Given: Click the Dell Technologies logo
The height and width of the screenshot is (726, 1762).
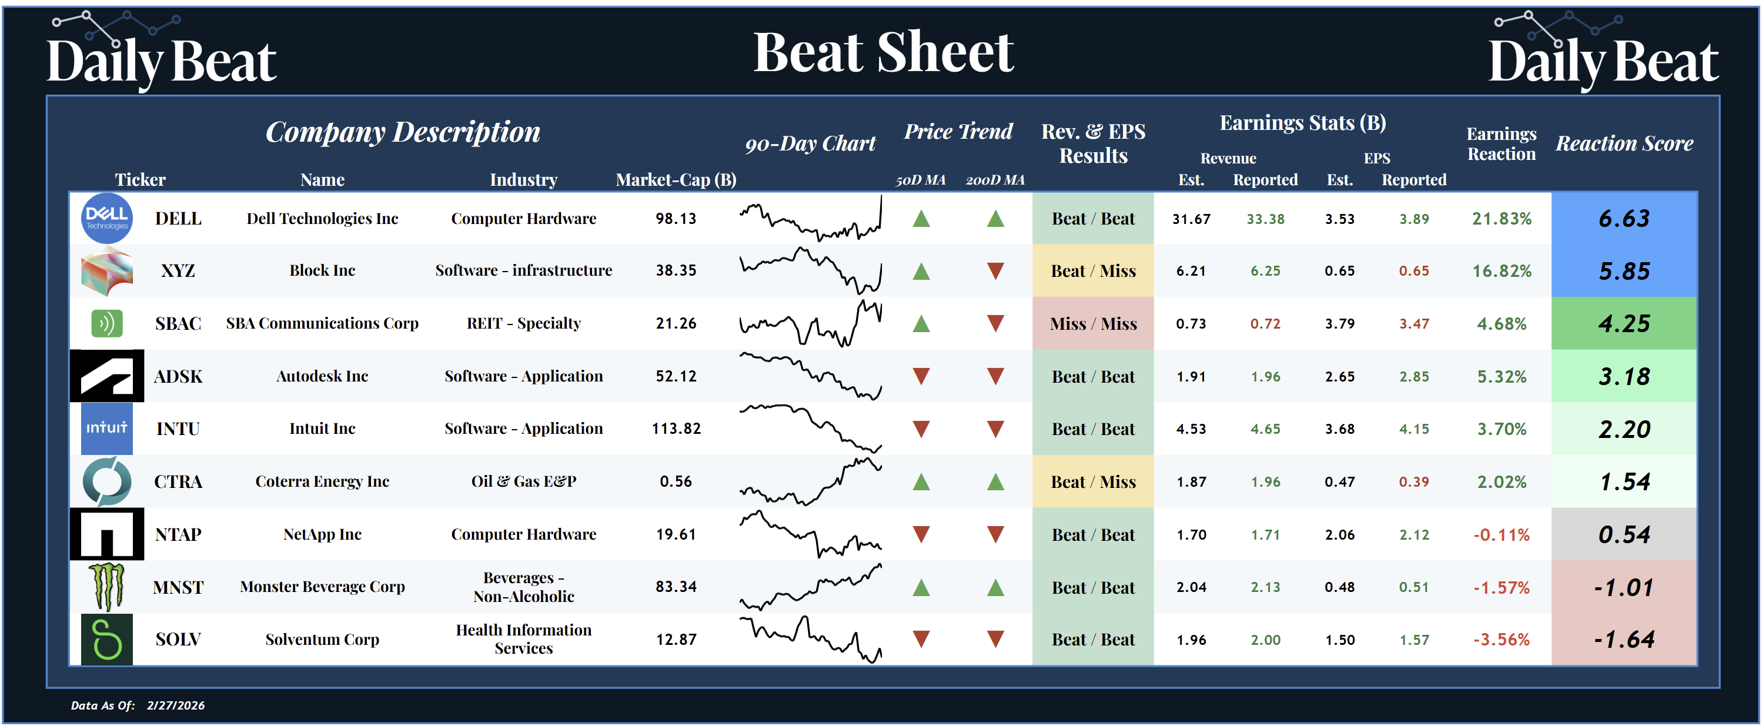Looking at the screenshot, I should tap(106, 218).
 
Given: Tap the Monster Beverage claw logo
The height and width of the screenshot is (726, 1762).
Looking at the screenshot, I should tap(106, 587).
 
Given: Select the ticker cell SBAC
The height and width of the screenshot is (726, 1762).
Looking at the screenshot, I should tap(178, 323).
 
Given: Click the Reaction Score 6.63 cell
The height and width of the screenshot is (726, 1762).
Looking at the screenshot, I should tap(1624, 219).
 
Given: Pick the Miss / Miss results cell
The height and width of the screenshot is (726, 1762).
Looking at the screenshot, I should tap(1093, 323).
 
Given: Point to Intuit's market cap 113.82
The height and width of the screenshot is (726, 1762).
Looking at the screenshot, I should tap(676, 429).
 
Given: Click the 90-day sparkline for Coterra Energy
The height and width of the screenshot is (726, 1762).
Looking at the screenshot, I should tap(811, 481).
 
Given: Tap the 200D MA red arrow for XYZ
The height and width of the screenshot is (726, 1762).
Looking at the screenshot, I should tap(995, 271).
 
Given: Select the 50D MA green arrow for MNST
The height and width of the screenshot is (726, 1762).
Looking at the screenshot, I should tap(921, 587).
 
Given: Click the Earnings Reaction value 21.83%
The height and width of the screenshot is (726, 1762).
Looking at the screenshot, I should tap(1502, 219).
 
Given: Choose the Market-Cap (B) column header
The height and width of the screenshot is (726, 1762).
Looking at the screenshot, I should tap(676, 180).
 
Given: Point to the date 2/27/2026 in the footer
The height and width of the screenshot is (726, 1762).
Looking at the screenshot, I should tap(176, 705).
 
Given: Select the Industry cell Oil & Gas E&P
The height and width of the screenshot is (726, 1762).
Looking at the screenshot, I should tap(523, 481).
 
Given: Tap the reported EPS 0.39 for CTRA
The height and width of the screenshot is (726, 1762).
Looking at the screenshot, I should tap(1413, 482).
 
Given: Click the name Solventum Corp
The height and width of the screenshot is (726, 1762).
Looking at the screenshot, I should tap(322, 639).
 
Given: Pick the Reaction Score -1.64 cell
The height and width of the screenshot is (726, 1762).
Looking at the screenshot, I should tap(1624, 639).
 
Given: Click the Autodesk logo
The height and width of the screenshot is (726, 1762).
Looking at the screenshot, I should tap(106, 376).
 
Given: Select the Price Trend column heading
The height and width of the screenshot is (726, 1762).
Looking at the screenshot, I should tap(958, 131).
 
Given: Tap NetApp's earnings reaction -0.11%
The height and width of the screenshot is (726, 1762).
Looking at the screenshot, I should tap(1502, 534).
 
